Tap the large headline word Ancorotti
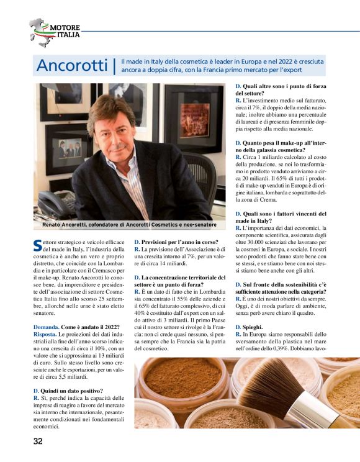72,65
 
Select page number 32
38,442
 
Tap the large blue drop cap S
37,245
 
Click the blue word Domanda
46,327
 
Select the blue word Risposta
47,334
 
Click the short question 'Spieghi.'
249,327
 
